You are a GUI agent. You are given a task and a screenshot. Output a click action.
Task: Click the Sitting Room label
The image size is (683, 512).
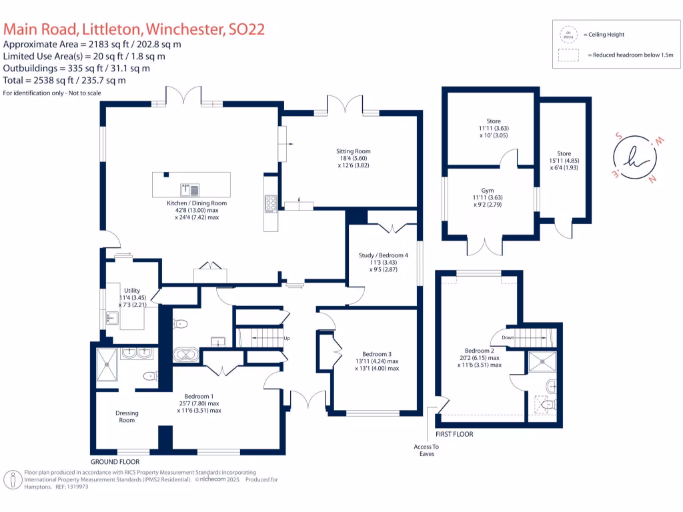[353, 151]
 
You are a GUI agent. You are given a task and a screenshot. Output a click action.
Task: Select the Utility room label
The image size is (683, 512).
[131, 291]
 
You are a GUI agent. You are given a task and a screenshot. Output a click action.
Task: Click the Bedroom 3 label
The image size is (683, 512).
[377, 354]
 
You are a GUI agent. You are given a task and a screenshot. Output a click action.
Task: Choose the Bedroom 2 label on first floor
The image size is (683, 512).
[479, 351]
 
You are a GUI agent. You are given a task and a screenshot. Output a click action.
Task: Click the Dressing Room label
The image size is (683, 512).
[127, 417]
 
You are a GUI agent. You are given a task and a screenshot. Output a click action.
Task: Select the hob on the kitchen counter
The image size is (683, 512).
[271, 203]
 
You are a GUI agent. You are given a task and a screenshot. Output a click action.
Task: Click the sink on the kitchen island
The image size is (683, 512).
[186, 188]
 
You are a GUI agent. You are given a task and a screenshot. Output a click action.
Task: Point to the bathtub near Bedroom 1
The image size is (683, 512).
[185, 354]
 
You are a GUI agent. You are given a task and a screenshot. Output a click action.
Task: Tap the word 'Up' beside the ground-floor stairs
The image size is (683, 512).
[287, 338]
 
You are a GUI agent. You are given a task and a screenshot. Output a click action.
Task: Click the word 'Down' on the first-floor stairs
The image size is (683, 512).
[508, 337]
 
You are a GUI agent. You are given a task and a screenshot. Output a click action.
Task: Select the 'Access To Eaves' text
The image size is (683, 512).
[427, 450]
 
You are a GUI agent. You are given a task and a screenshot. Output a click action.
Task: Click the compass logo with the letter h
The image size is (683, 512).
[634, 157]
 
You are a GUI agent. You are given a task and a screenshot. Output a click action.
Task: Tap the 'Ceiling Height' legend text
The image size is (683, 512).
[604, 35]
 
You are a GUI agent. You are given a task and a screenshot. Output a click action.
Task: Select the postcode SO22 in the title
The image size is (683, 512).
[246, 29]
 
